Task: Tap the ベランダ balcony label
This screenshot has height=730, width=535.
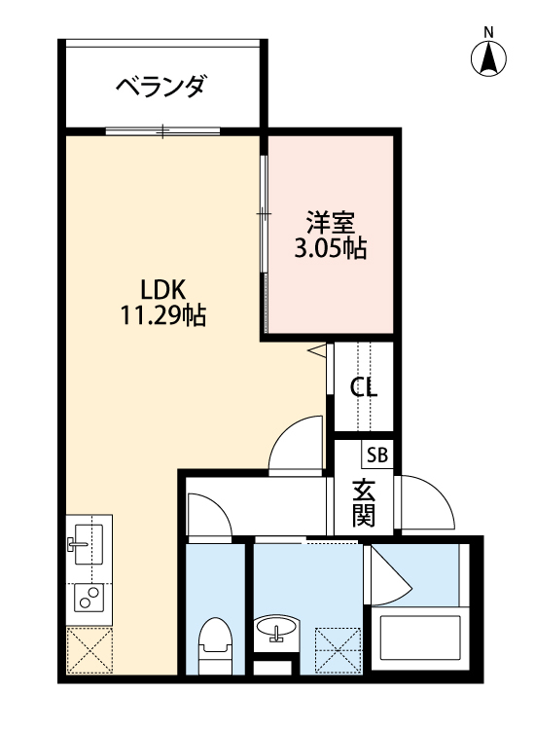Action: [160, 87]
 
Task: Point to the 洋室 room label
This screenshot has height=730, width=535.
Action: [330, 221]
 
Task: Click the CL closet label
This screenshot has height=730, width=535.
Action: [364, 386]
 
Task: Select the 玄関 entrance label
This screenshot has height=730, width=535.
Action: [364, 502]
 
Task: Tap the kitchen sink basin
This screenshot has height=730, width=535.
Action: [88, 540]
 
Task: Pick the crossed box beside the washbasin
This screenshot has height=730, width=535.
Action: [339, 645]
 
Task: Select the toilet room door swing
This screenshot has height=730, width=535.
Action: [207, 514]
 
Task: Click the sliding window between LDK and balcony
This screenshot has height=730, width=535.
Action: [163, 130]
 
